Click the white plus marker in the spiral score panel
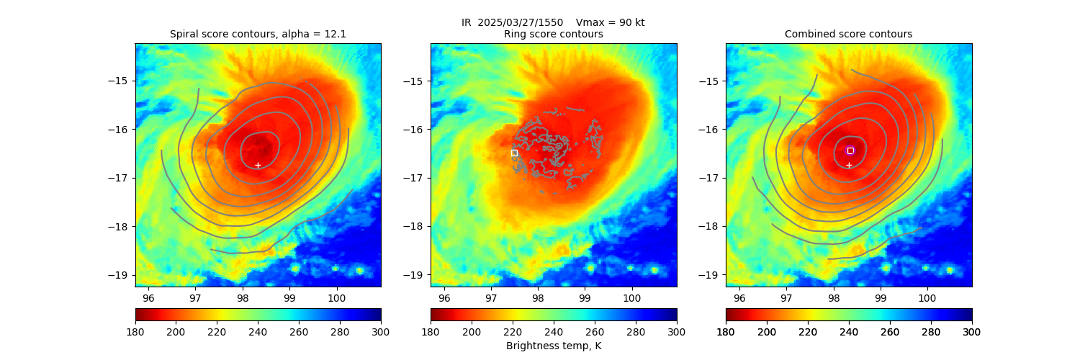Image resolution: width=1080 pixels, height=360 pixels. pos(258,165)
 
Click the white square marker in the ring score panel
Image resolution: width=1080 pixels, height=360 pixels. pos(514,153)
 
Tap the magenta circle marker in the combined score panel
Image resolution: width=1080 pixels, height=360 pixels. pos(850,150)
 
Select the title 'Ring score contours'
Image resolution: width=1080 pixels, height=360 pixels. pos(553,34)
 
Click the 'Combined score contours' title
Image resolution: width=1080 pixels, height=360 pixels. pos(848,34)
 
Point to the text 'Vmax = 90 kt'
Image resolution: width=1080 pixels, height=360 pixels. pos(611,22)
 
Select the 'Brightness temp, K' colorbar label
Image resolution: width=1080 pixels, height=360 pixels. pos(553,346)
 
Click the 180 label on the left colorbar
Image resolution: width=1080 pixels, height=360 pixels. pos(135,331)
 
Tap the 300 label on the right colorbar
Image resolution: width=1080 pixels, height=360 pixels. pos(972,331)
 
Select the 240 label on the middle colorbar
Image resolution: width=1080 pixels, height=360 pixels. pos(554,331)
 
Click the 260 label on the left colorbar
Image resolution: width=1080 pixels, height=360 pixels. pos(299,331)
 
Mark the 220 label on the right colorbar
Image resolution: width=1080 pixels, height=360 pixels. pos(808,331)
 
